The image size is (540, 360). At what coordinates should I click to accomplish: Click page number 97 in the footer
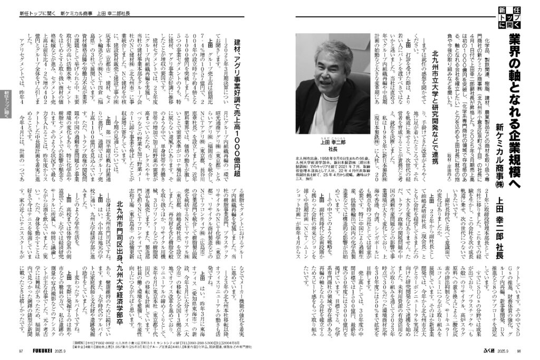pos(20,351)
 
